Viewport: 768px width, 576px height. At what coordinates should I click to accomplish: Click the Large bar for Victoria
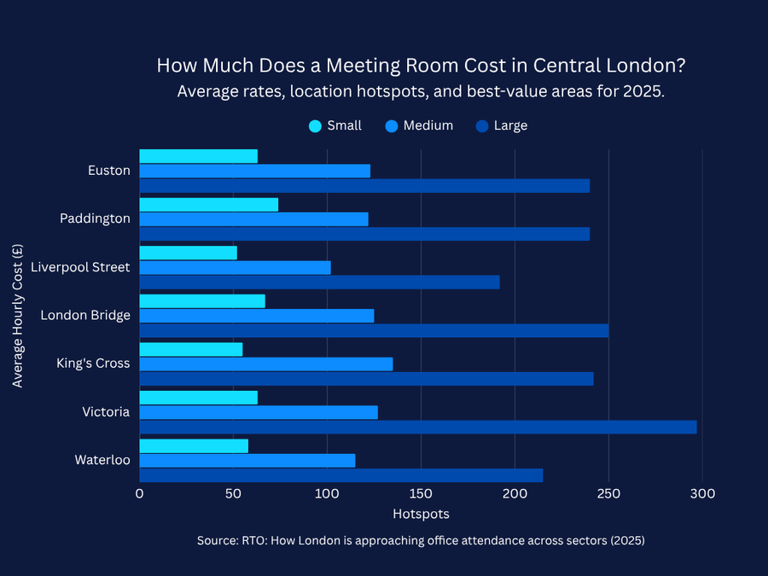click(x=417, y=427)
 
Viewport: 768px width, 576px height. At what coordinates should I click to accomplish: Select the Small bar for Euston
click(x=198, y=156)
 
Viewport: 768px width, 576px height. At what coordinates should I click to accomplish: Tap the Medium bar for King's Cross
click(x=265, y=364)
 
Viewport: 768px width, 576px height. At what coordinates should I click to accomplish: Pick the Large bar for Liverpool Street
click(x=319, y=282)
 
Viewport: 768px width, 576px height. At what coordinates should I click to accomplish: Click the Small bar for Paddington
click(x=208, y=205)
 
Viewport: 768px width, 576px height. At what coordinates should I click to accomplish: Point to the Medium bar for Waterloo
click(x=247, y=461)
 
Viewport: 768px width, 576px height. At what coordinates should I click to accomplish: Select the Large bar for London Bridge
click(x=374, y=330)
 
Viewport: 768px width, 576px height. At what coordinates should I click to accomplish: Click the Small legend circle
click(x=315, y=126)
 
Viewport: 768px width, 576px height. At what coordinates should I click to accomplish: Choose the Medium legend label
click(x=428, y=125)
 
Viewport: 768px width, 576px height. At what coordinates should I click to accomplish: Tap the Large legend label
click(x=510, y=125)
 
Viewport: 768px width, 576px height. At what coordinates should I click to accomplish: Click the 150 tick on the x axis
click(x=421, y=494)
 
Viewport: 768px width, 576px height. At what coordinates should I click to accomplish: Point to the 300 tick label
click(x=702, y=494)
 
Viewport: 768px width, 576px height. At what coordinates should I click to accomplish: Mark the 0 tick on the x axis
click(x=139, y=494)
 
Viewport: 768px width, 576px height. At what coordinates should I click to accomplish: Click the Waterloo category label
click(x=102, y=460)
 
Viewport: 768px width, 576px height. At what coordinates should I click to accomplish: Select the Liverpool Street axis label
click(x=80, y=267)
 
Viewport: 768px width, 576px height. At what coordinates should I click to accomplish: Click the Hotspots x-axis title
click(x=421, y=515)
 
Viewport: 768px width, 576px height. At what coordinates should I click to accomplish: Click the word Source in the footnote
click(x=218, y=541)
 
